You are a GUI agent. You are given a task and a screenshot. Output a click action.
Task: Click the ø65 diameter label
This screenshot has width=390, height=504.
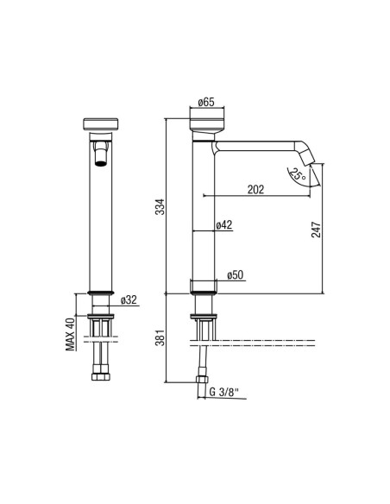206,102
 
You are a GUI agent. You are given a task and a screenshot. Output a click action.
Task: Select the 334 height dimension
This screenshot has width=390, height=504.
160,207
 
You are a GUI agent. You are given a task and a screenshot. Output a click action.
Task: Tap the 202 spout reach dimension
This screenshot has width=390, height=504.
255,190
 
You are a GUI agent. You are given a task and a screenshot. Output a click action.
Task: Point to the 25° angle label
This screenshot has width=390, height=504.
298,175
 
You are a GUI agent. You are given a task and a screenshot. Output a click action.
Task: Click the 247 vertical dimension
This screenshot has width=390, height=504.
316,230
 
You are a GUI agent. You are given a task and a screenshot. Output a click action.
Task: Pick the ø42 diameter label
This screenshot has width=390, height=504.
224,225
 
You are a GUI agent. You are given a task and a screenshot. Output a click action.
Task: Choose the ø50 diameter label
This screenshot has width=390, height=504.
236,275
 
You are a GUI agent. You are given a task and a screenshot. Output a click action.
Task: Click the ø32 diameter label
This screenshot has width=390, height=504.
129,299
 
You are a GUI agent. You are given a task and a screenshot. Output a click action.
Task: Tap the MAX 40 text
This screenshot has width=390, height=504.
71,333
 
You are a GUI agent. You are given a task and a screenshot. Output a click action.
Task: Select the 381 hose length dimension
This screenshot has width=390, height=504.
160,337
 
